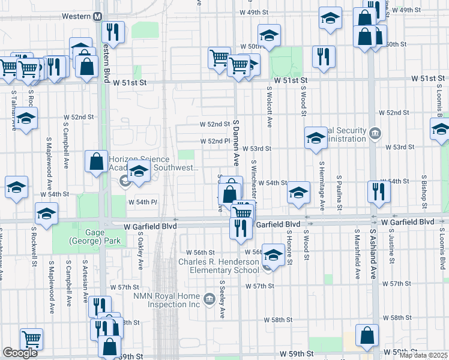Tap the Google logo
[20, 353]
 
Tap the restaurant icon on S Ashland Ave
[378, 191]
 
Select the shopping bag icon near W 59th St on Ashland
[367, 337]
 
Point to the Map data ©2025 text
[422, 355]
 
